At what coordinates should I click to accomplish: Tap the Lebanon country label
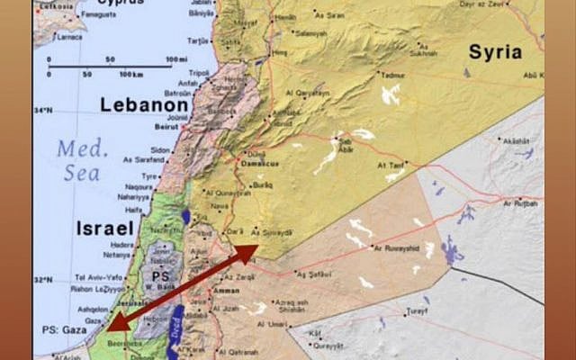coord(148,104)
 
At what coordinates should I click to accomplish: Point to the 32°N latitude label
coord(43,279)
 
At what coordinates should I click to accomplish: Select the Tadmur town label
coord(392,76)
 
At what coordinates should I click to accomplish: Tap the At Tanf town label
coord(393,166)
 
